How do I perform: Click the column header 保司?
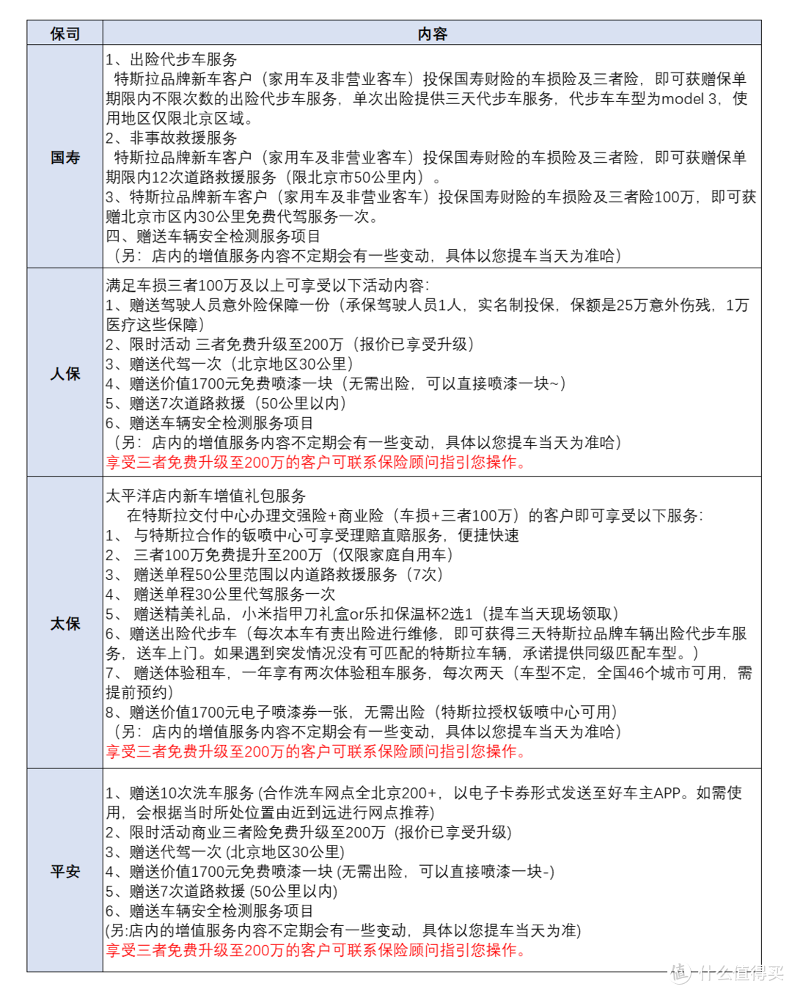click(65, 34)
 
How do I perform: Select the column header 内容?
click(432, 34)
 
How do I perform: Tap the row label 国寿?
click(65, 157)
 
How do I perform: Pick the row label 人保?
click(65, 373)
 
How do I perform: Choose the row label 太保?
click(65, 623)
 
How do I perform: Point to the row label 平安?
click(65, 871)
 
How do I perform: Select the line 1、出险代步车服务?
click(172, 59)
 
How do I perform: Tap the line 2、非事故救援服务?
click(172, 138)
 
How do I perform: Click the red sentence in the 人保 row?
click(316, 463)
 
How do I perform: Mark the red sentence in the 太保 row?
click(316, 752)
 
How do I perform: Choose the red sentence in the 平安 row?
click(316, 950)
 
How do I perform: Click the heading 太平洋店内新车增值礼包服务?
click(205, 496)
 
